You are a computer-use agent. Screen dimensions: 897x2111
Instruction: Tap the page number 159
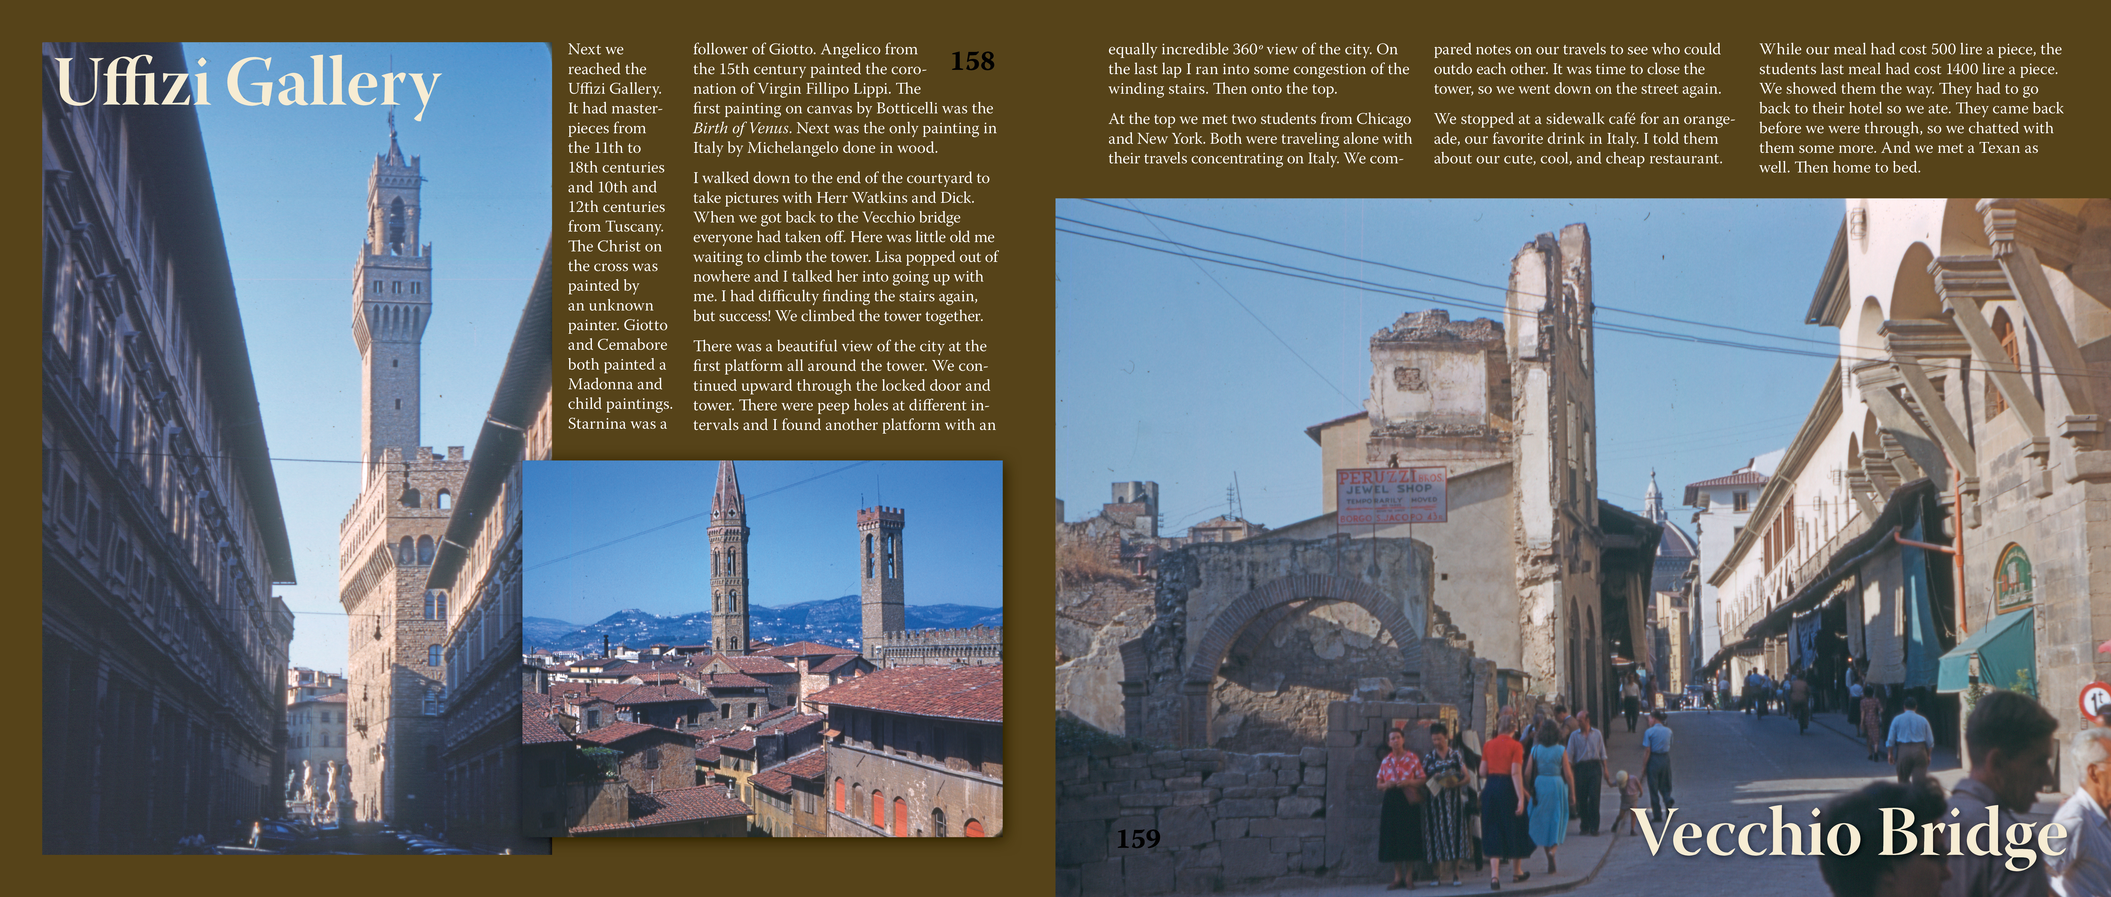(x=1138, y=839)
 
